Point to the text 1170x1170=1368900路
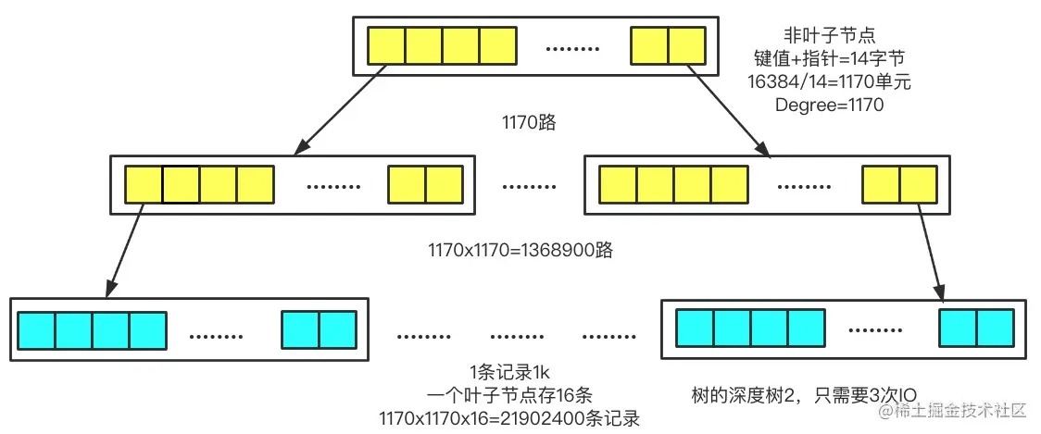point(520,250)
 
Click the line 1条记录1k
point(508,374)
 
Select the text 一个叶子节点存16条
point(508,396)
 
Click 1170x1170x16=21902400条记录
point(508,418)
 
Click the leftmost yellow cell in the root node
point(386,44)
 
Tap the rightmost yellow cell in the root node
point(685,44)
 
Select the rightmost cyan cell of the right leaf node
point(996,329)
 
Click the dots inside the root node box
point(572,46)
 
